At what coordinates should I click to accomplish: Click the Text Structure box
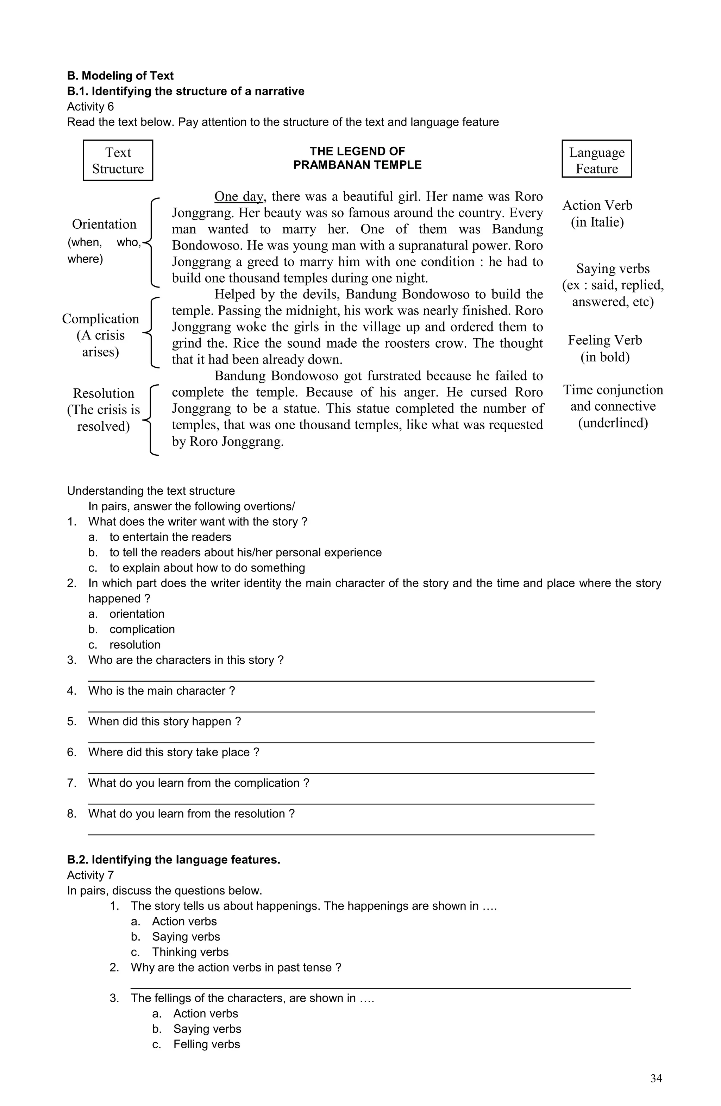118,160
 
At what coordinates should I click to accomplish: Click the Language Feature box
596,159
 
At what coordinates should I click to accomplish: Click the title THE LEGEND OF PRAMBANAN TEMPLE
357,158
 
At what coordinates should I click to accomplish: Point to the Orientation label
104,225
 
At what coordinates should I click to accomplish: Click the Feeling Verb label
605,341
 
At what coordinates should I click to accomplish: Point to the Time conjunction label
613,390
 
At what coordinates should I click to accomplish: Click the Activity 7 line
90,876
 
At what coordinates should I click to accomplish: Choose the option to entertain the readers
170,537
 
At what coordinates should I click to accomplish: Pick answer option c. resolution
135,645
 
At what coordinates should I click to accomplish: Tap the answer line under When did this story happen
341,742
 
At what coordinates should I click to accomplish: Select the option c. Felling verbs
206,1044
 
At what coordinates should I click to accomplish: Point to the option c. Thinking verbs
190,952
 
